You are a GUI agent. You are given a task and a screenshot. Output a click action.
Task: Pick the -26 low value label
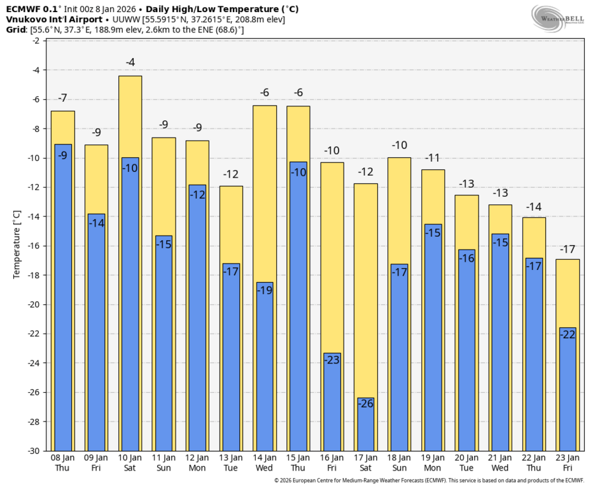tap(366, 403)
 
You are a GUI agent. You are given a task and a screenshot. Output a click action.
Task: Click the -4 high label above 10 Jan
tap(130, 62)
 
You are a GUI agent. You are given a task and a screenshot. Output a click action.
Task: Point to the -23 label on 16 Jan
tap(332, 360)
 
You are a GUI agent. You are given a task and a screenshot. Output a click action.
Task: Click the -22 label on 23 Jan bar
tap(567, 334)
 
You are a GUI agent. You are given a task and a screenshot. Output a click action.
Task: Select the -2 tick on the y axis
tap(38, 41)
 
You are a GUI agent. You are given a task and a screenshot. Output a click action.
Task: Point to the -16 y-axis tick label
tap(35, 246)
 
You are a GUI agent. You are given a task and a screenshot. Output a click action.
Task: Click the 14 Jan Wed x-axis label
tap(265, 462)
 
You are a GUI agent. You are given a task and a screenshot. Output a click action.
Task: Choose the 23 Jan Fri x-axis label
tap(567, 462)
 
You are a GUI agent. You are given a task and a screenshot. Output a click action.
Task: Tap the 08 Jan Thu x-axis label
tap(63, 462)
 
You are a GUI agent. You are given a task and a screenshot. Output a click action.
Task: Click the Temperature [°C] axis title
tap(17, 246)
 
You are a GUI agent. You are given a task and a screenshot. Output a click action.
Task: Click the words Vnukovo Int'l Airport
tap(54, 20)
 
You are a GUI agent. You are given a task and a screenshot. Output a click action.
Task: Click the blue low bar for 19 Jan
tap(433, 337)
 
